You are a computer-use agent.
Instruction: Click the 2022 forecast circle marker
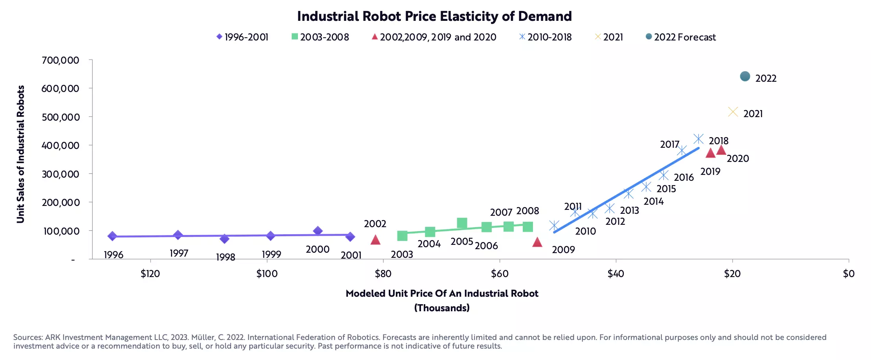[x=745, y=76]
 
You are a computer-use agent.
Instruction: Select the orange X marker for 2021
[x=733, y=112]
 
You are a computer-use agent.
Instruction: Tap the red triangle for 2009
[x=537, y=242]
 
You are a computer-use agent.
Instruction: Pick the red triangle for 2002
[x=375, y=240]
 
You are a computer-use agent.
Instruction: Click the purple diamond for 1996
[x=112, y=236]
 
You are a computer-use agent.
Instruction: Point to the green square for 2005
[x=462, y=223]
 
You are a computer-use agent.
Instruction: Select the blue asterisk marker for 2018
[x=698, y=139]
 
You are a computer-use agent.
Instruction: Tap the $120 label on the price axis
[x=150, y=274]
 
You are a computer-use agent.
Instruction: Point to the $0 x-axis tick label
[x=849, y=274]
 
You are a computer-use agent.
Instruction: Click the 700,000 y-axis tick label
[x=61, y=60]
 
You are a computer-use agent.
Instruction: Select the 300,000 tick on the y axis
[x=61, y=174]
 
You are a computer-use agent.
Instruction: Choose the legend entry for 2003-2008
[x=320, y=37]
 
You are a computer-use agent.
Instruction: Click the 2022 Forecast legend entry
[x=681, y=37]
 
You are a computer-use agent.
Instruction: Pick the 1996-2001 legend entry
[x=243, y=37]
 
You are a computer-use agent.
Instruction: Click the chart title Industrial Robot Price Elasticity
[x=434, y=16]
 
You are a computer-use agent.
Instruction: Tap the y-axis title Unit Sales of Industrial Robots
[x=20, y=154]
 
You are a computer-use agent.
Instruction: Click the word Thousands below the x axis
[x=442, y=308]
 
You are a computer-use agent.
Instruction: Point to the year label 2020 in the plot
[x=738, y=158]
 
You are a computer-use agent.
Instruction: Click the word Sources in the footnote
[x=28, y=337]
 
